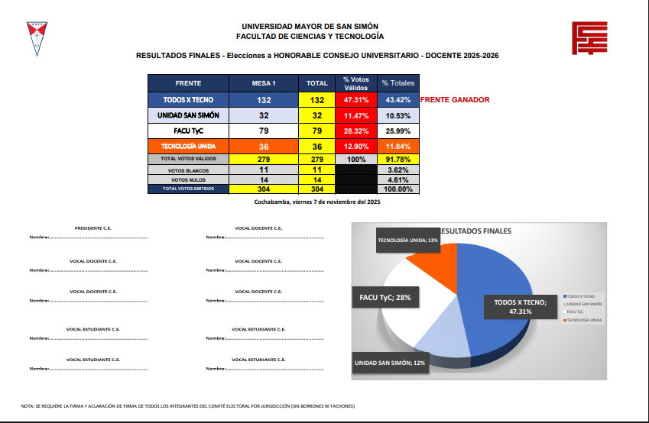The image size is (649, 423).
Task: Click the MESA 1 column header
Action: click(x=264, y=83)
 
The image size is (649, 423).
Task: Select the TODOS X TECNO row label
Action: click(x=188, y=100)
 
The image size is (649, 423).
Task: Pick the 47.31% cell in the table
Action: click(x=356, y=100)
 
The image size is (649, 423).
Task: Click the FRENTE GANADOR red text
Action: click(x=455, y=100)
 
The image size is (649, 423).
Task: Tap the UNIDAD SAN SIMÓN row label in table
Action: click(x=188, y=115)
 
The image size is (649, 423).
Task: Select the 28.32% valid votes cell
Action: click(x=356, y=131)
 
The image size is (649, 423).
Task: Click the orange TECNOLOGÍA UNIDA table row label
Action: click(x=188, y=146)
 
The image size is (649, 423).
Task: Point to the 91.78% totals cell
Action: click(x=398, y=159)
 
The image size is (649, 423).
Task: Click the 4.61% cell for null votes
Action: click(x=398, y=179)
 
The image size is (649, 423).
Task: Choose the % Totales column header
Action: click(x=398, y=83)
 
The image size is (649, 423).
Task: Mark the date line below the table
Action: click(x=316, y=202)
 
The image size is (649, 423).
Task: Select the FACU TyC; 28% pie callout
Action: click(x=386, y=298)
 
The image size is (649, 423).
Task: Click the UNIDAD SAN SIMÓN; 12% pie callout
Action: click(x=389, y=363)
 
